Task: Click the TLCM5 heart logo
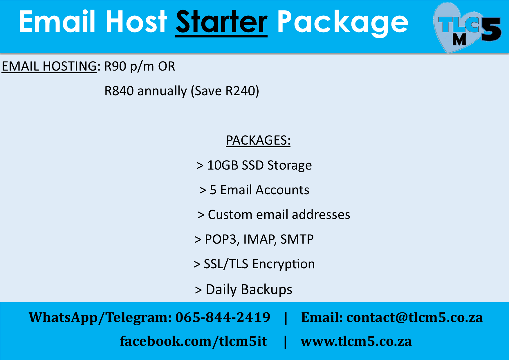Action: [467, 28]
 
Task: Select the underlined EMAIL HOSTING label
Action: [49, 66]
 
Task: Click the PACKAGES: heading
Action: [258, 141]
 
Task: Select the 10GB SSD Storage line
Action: [254, 165]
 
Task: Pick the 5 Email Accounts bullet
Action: [254, 190]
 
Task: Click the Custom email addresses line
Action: [274, 215]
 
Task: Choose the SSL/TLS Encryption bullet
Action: [254, 264]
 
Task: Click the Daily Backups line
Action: [243, 289]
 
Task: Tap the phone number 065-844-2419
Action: [223, 317]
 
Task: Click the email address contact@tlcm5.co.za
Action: [415, 317]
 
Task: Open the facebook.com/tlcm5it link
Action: [194, 341]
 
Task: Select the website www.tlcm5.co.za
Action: [356, 341]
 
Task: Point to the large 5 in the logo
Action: [491, 29]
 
